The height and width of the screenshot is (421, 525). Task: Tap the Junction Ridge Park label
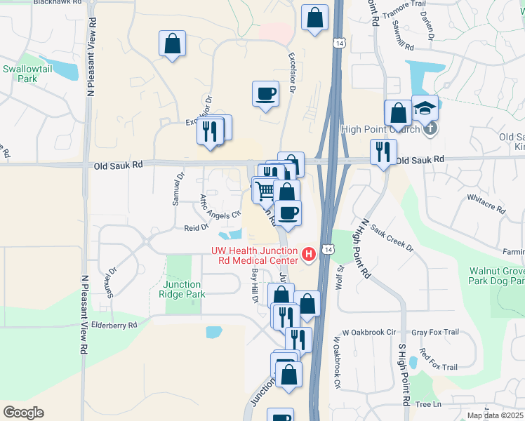(x=184, y=289)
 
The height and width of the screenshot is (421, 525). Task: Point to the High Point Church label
(x=380, y=129)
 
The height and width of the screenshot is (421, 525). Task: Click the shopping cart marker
(x=265, y=189)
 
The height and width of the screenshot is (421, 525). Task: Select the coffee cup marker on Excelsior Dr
(x=265, y=94)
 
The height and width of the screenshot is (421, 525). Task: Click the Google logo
(x=23, y=412)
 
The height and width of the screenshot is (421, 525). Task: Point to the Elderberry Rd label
(x=114, y=326)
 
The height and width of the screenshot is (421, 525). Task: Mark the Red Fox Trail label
(x=438, y=361)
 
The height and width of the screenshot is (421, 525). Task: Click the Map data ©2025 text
(x=496, y=415)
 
